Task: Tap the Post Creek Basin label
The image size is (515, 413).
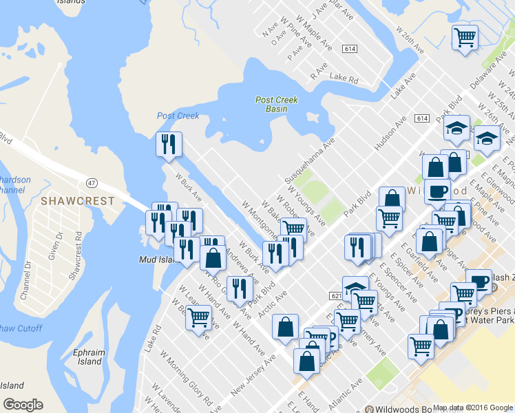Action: [x=276, y=104]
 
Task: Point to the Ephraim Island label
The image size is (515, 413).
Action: [x=90, y=357]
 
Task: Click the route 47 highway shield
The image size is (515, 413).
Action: [x=91, y=182]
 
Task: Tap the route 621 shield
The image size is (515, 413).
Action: [x=335, y=295]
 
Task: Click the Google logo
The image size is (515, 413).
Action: [x=23, y=405]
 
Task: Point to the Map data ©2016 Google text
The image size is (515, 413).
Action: [x=473, y=407]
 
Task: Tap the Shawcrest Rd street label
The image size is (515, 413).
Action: [x=75, y=253]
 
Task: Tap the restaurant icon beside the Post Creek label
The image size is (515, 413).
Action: [x=168, y=144]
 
